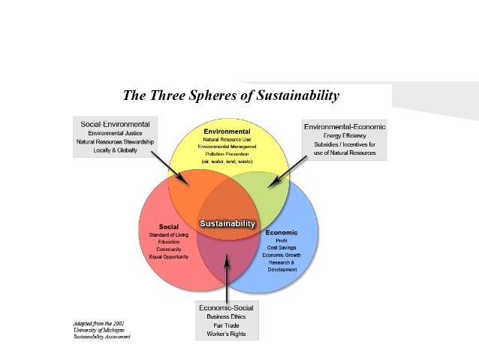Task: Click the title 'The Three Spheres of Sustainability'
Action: click(231, 96)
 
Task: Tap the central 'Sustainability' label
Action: click(227, 223)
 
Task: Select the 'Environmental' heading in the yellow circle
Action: click(227, 132)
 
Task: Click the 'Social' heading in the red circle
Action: click(168, 226)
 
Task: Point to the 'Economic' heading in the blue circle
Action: click(282, 233)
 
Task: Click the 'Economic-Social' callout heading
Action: click(226, 307)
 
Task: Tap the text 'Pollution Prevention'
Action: click(227, 153)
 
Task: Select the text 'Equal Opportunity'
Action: click(168, 256)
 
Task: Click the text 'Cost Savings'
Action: click(282, 247)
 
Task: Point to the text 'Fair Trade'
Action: click(226, 325)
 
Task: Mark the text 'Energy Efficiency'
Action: click(344, 136)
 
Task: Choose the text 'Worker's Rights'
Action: click(226, 334)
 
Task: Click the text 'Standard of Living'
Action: click(168, 234)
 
